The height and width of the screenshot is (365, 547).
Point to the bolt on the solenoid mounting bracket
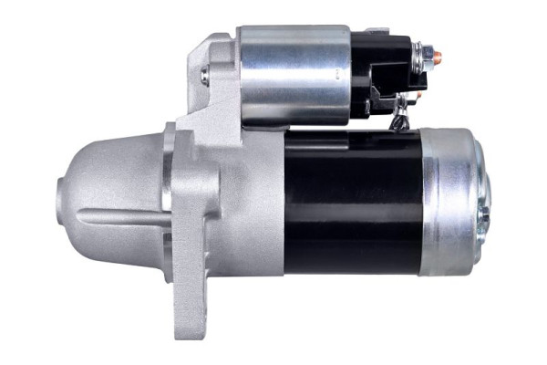[205, 75]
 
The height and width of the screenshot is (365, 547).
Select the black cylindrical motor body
[351, 201]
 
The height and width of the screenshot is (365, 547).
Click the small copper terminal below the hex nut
[418, 94]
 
